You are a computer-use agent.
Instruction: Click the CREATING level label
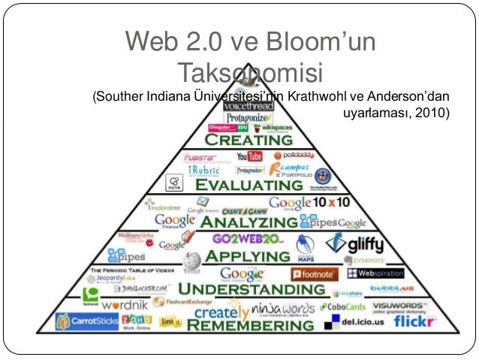pyautogui.click(x=239, y=140)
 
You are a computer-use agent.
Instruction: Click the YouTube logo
pyautogui.click(x=249, y=157)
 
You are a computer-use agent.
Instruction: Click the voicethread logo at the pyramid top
pyautogui.click(x=239, y=107)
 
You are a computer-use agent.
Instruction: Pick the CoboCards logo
pyautogui.click(x=345, y=307)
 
